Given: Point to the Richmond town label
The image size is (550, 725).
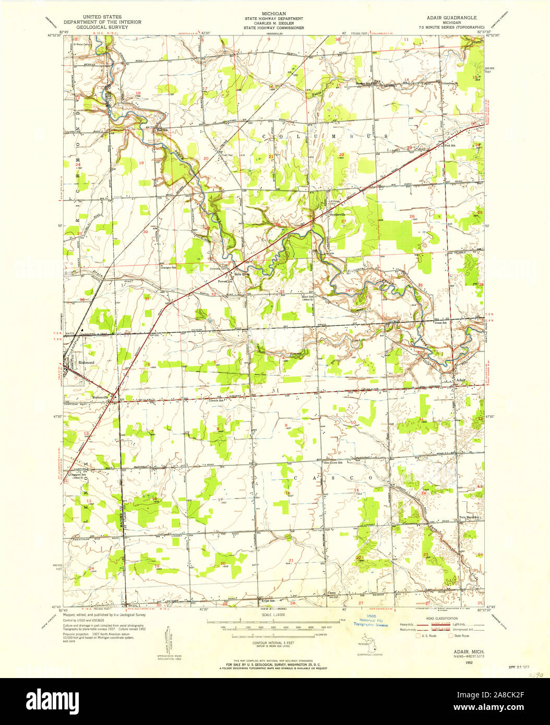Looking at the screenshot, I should click(86, 362).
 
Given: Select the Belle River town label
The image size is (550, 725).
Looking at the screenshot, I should click(242, 274).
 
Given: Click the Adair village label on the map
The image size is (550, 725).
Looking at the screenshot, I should click(461, 380).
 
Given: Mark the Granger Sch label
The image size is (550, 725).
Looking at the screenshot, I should click(169, 268).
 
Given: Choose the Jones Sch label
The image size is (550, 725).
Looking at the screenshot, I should click(441, 323).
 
